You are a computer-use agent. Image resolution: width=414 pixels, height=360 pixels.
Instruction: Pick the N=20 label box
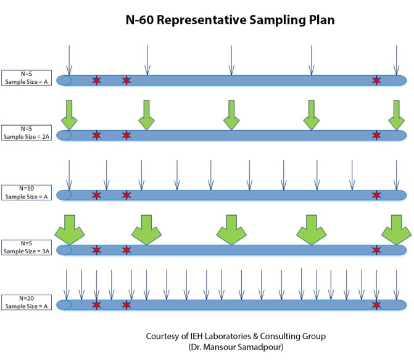[x=27, y=303]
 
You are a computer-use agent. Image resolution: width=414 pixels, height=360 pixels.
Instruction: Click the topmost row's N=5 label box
[x=27, y=78]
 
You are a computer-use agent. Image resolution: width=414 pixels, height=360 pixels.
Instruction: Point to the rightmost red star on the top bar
[x=376, y=80]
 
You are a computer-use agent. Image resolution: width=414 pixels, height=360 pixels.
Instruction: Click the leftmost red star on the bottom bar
[x=96, y=305]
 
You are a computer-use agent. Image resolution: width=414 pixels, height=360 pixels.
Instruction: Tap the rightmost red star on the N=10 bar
[x=376, y=195]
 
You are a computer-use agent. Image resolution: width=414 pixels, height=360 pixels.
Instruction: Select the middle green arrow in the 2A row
[x=230, y=115]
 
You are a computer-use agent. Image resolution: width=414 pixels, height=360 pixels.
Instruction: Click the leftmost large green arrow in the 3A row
[x=68, y=229]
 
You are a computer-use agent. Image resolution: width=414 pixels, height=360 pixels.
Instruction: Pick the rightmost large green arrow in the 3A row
[x=395, y=229]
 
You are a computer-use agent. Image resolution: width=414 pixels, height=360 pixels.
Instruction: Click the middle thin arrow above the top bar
[x=231, y=60]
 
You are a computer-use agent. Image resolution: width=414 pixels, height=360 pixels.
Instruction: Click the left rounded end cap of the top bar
[x=64, y=80]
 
